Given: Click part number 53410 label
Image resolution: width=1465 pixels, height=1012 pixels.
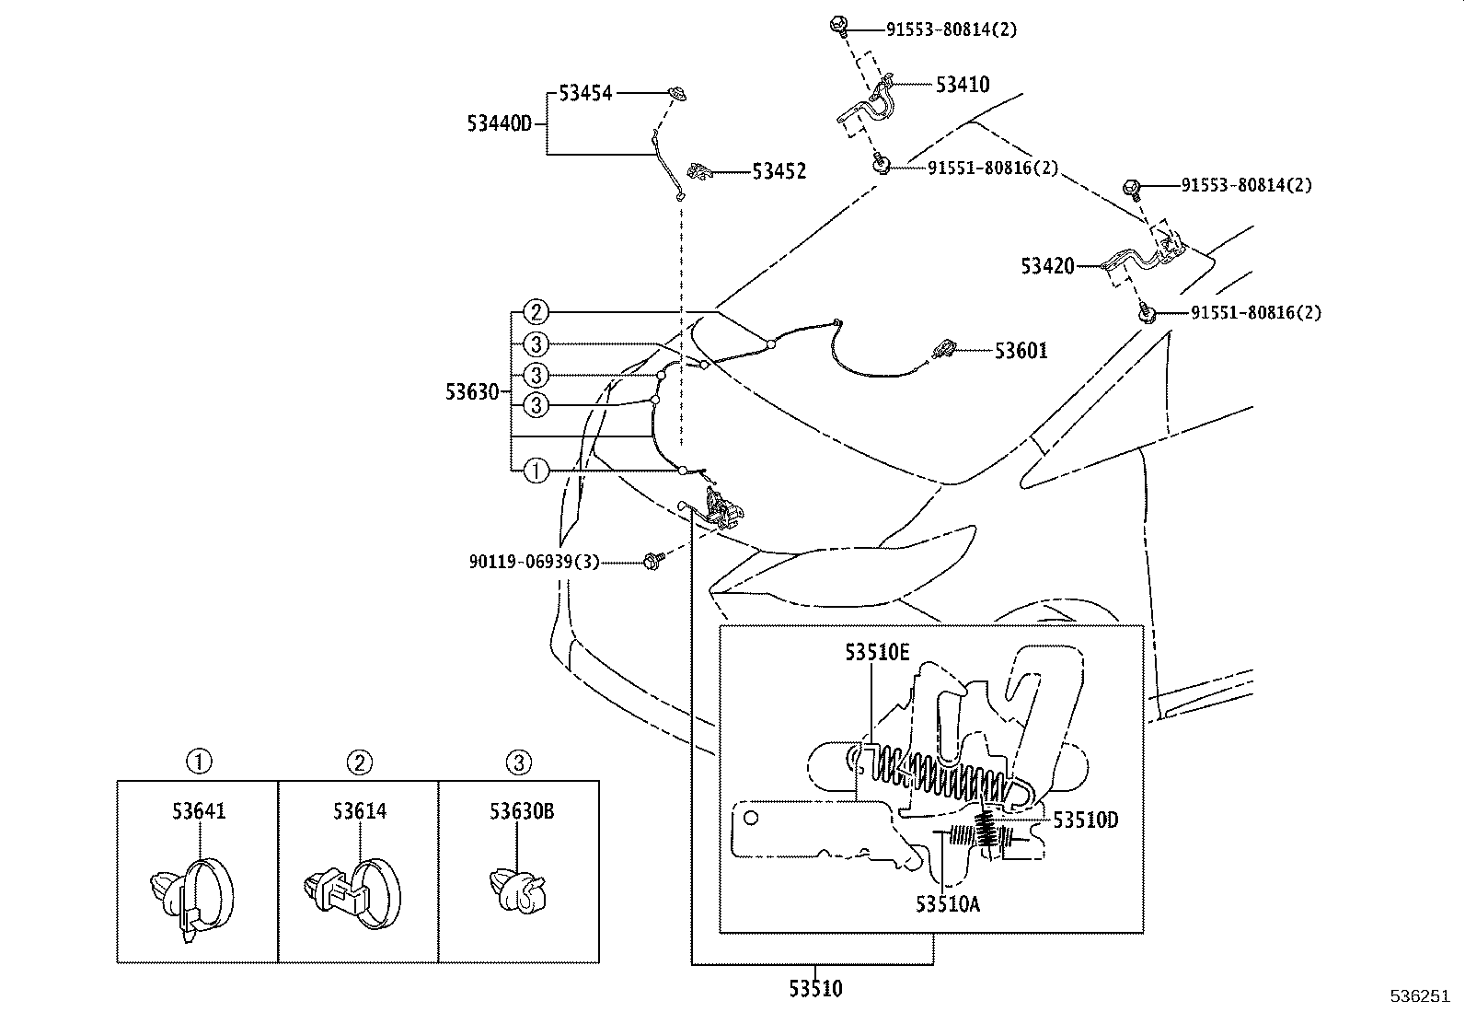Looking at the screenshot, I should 963,85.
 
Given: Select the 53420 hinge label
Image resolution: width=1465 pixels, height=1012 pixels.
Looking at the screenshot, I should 1047,267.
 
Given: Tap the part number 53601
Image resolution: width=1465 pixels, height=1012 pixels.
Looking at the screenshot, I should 1021,351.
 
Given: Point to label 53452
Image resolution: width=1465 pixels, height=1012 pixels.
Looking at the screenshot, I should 779,171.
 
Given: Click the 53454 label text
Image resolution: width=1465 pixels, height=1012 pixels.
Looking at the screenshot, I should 585,93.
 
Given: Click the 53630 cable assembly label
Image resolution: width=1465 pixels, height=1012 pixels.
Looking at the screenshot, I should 472,391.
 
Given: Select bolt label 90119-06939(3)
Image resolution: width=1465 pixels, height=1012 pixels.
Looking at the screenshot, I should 534,561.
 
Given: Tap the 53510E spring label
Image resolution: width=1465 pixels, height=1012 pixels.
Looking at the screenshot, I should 877,652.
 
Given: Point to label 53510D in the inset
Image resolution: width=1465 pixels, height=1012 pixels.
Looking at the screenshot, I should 1086,820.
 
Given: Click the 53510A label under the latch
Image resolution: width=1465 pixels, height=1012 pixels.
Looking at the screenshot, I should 947,904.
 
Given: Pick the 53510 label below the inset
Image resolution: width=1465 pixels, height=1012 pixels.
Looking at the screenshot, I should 814,990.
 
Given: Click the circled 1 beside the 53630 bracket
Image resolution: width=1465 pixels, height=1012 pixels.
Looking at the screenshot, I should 536,471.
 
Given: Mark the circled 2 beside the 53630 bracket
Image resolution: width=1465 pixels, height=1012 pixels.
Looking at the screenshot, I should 536,311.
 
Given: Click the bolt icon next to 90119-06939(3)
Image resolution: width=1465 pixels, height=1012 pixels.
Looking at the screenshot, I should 654,560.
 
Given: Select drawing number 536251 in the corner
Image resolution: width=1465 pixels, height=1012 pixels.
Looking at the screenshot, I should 1419,996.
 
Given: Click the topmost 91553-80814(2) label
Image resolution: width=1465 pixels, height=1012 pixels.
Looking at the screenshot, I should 952,29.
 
